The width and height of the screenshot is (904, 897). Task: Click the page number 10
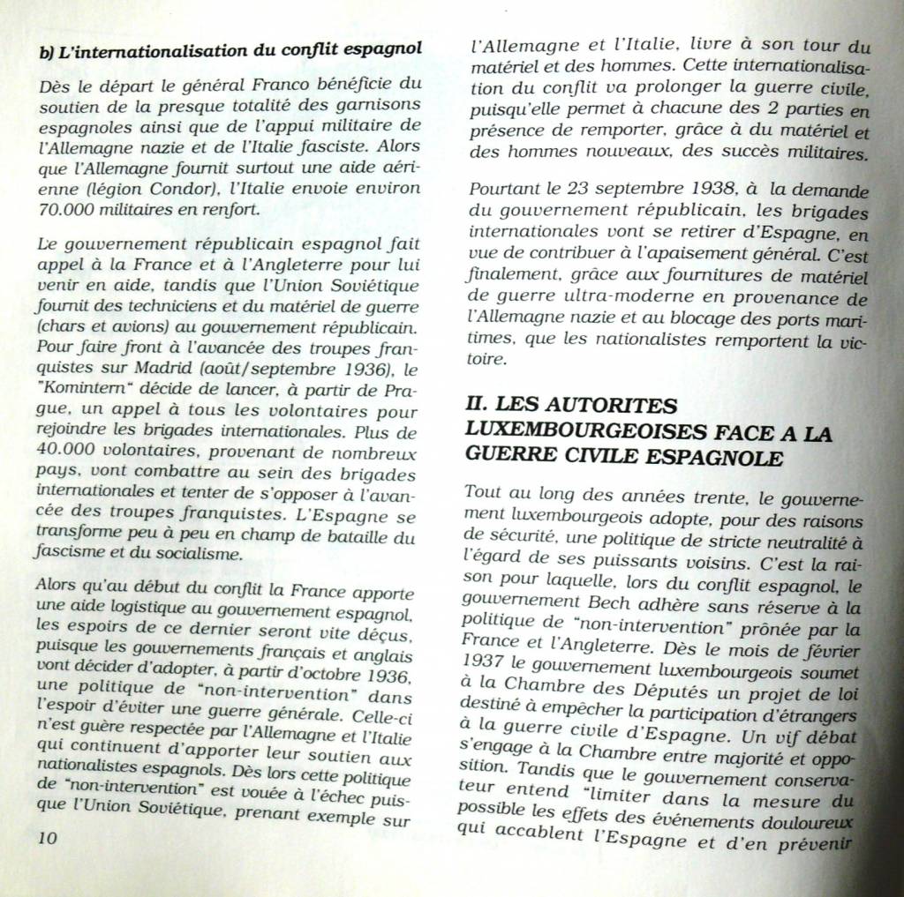[x=48, y=838]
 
